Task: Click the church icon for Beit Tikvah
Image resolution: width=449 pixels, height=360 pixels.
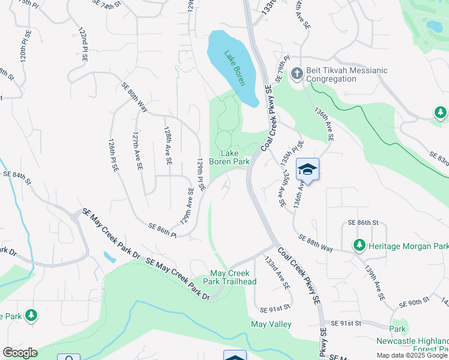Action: pyautogui.click(x=297, y=74)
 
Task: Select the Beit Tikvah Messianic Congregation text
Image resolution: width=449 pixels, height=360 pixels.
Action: pyautogui.click(x=346, y=74)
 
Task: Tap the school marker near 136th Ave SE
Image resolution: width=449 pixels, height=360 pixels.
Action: pyautogui.click(x=308, y=170)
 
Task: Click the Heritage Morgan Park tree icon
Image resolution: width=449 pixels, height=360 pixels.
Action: pyautogui.click(x=359, y=245)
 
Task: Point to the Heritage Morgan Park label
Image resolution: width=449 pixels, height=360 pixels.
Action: pyautogui.click(x=407, y=246)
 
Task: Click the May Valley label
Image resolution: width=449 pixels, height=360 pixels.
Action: pyautogui.click(x=271, y=324)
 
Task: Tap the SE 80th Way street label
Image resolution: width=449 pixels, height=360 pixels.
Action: pyautogui.click(x=134, y=97)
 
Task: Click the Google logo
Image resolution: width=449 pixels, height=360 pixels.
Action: pyautogui.click(x=20, y=352)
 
